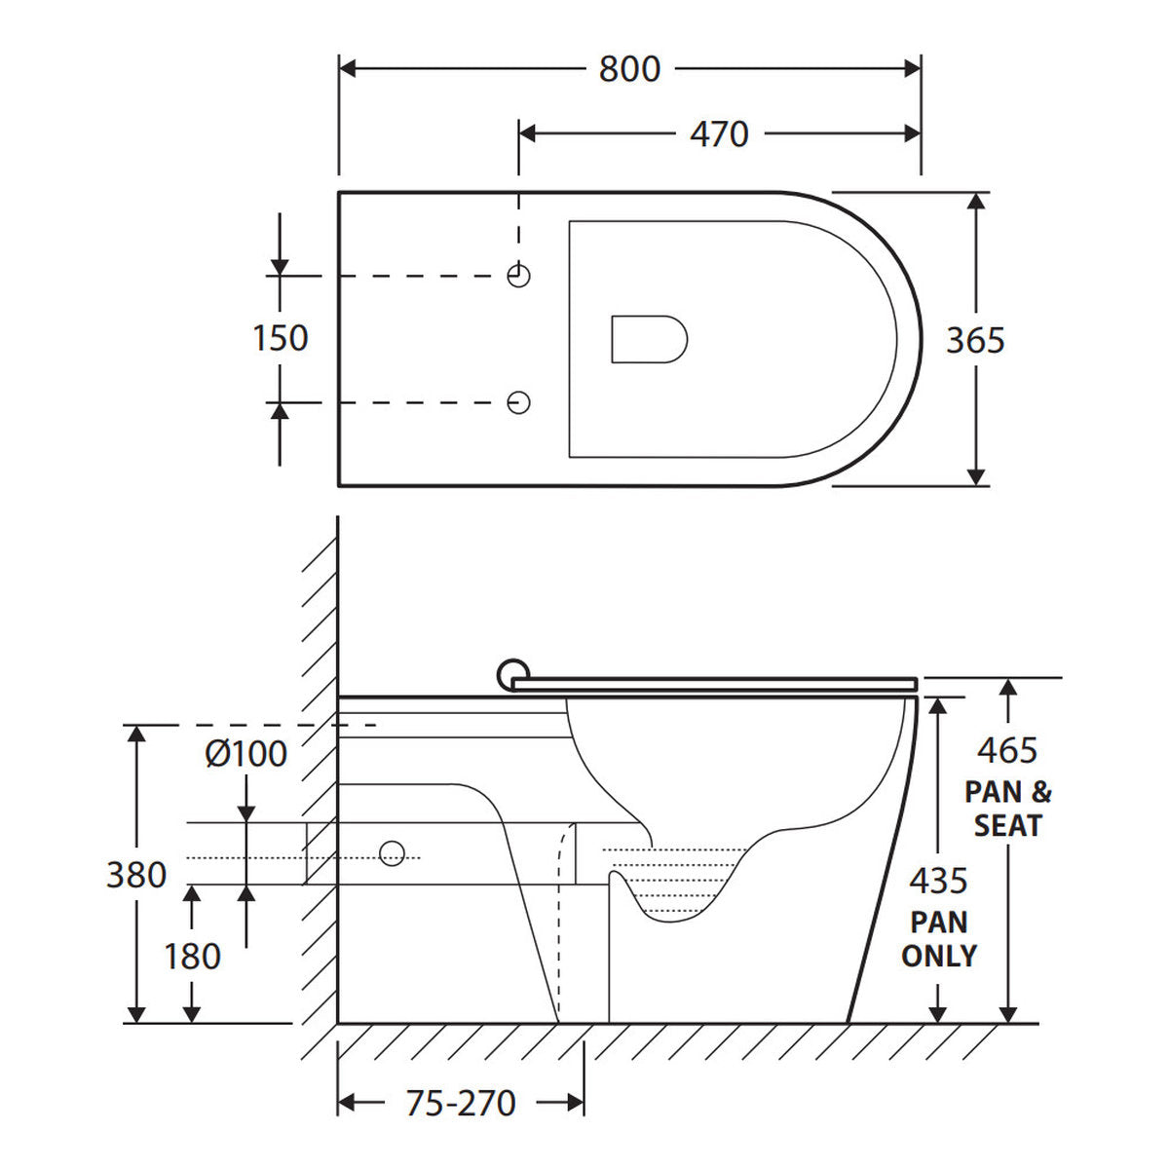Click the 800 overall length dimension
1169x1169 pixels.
coord(629,69)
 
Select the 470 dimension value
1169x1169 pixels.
coord(719,134)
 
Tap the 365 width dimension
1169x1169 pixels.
coord(975,340)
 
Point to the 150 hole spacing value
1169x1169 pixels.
coord(281,338)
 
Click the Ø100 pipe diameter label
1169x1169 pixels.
coord(245,754)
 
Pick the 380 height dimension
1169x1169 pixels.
coord(136,875)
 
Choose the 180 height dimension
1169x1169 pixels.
coord(192,957)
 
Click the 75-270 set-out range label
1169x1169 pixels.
coord(461,1103)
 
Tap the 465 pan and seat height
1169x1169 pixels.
coord(1007,750)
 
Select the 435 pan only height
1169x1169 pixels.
coord(938,881)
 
